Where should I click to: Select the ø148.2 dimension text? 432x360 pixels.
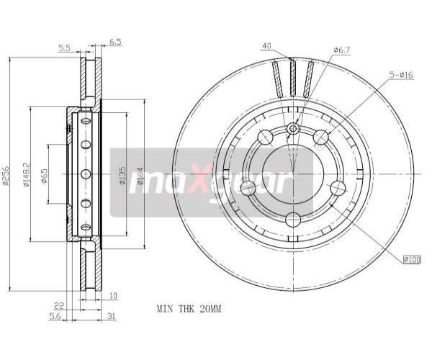[26, 175]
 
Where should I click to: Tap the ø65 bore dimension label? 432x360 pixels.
[44, 175]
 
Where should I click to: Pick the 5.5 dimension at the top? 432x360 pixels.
[65, 48]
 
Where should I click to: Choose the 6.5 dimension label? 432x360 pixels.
[115, 42]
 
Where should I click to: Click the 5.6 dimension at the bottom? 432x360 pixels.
[55, 317]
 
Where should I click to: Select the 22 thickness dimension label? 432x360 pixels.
[59, 305]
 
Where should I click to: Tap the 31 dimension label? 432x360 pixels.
[111, 317]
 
